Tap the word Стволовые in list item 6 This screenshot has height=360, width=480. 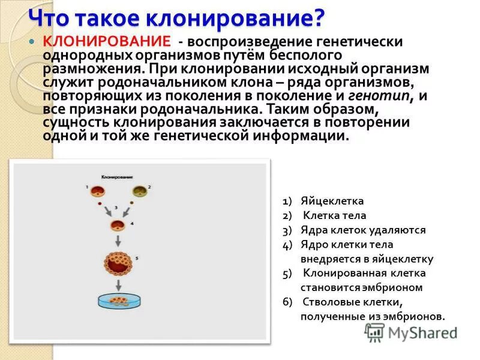click(328, 302)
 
